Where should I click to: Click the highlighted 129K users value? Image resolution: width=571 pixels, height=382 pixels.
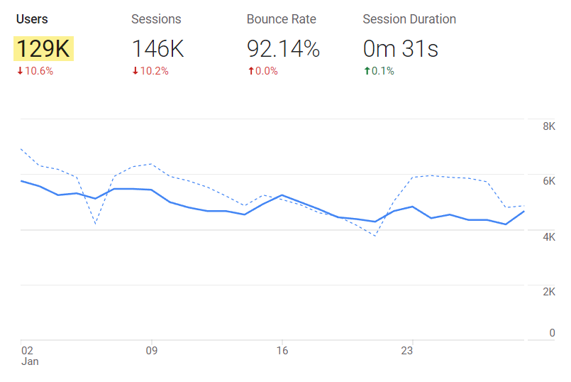click(x=43, y=49)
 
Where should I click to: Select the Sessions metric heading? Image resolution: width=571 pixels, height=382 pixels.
click(x=156, y=19)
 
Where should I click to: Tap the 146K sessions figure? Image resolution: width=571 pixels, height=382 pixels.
click(x=158, y=49)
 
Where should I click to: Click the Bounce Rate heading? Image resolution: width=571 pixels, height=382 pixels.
click(x=282, y=19)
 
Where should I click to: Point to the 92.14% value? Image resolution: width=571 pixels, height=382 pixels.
click(x=283, y=49)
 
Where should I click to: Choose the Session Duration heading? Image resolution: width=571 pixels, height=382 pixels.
click(x=409, y=19)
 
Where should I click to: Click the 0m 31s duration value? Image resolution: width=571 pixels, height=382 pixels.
click(x=400, y=49)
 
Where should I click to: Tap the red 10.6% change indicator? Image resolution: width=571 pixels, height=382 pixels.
click(x=35, y=71)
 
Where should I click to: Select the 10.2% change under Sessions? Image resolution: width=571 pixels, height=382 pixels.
click(x=150, y=71)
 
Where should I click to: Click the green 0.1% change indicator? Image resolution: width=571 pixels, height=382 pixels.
click(x=379, y=71)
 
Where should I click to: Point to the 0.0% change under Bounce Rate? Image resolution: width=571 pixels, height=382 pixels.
click(x=262, y=71)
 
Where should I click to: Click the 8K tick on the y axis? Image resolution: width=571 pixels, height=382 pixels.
click(x=548, y=126)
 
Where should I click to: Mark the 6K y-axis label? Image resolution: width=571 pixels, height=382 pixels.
click(x=548, y=182)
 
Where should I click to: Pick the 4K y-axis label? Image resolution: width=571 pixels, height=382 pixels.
click(x=548, y=237)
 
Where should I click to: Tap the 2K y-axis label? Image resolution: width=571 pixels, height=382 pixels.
click(x=548, y=293)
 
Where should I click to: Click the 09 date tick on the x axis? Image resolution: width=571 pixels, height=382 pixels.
click(x=151, y=350)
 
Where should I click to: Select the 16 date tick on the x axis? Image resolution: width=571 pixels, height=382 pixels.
click(x=282, y=350)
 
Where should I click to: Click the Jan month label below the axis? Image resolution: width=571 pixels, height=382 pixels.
click(x=30, y=361)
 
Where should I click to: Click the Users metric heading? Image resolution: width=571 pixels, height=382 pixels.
click(x=32, y=19)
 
